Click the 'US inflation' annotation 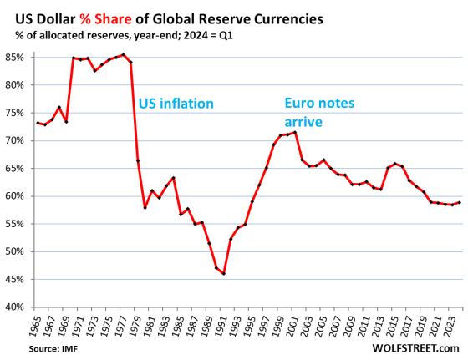pos(176,104)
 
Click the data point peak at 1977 pos(124,55)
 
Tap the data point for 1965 pos(38,123)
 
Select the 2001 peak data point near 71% pos(296,132)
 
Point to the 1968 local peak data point pos(59,107)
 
